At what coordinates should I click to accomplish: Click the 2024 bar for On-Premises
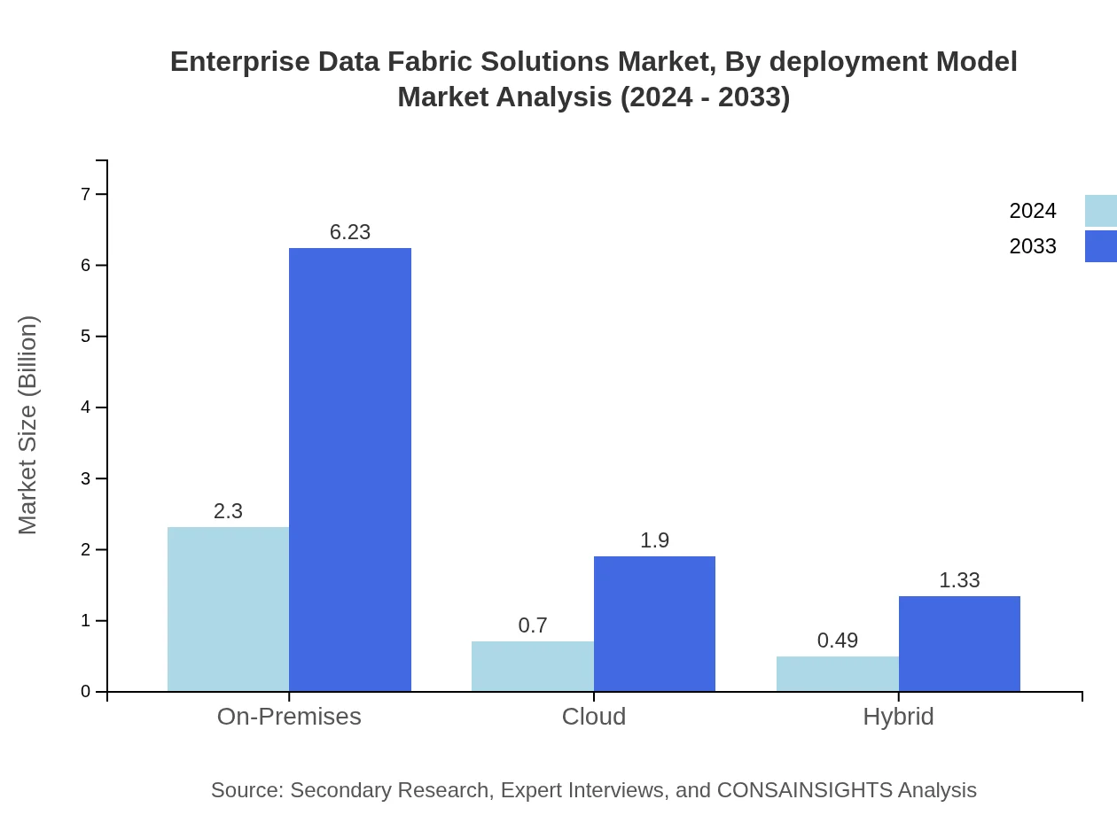tap(228, 609)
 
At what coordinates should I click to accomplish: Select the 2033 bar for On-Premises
tap(350, 470)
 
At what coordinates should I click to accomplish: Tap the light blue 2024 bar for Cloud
tap(532, 665)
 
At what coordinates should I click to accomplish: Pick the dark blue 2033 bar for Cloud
tap(654, 623)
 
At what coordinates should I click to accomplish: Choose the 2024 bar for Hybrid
tap(837, 673)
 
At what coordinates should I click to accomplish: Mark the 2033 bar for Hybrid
tap(959, 643)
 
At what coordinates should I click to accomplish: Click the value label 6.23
tap(350, 232)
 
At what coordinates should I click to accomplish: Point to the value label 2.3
tap(228, 511)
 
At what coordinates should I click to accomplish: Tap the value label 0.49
tap(837, 640)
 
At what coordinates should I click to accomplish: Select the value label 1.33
tap(959, 580)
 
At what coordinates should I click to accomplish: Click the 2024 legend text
tap(1032, 211)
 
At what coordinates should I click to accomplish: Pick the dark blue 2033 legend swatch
tap(1100, 246)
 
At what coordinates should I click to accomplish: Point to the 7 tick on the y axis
tap(86, 194)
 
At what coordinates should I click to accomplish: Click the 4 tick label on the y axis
tap(86, 407)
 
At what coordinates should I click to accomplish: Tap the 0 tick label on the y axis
tap(86, 692)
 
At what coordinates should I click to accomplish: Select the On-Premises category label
tap(289, 717)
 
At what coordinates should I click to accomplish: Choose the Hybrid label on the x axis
tap(898, 717)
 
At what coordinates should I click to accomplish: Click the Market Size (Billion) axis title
tap(27, 425)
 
